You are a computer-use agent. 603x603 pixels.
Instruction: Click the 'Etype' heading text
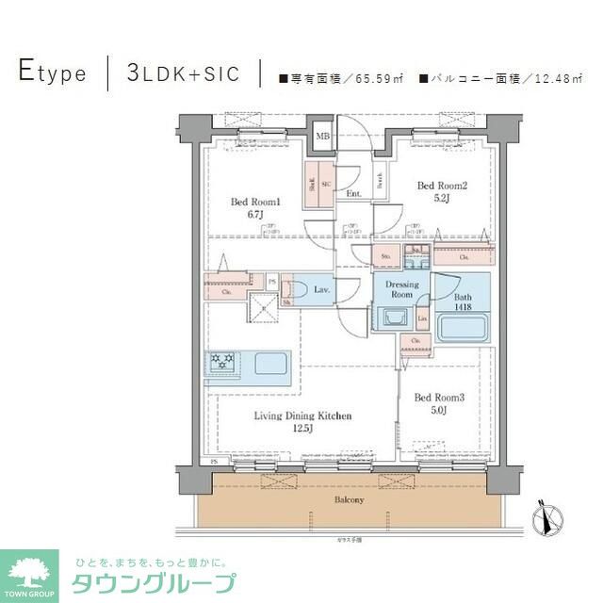click(x=53, y=73)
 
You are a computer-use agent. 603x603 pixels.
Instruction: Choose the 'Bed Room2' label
click(x=440, y=191)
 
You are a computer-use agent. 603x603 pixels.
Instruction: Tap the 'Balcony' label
click(x=348, y=498)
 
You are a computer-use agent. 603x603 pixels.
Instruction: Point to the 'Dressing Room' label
click(x=401, y=288)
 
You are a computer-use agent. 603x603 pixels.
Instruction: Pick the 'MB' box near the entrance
click(x=322, y=137)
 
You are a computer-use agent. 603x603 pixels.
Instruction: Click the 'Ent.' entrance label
click(x=353, y=194)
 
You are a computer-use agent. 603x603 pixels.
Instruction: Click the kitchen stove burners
click(x=223, y=363)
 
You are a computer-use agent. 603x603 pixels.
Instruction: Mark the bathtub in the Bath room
click(x=461, y=331)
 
